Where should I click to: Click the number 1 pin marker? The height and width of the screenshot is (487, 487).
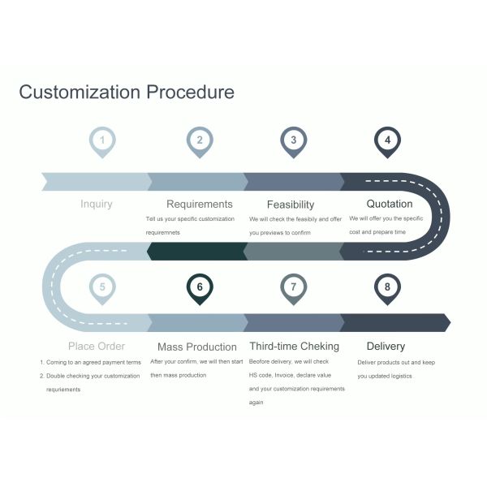point(102,140)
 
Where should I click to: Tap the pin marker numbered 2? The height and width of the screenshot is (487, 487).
point(199,140)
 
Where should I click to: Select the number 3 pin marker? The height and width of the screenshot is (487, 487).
point(293,140)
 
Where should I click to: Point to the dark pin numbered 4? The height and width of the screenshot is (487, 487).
point(388,140)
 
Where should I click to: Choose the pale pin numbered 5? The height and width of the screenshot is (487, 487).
point(102,287)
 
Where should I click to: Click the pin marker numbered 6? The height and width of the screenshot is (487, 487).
point(199,287)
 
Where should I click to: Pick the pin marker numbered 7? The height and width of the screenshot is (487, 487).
point(293,287)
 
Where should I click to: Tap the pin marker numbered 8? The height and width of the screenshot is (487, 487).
point(388,287)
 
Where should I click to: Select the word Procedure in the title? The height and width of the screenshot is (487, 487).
point(190,92)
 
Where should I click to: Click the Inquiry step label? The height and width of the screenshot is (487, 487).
point(97,204)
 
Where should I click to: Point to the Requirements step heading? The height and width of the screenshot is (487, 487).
point(200,204)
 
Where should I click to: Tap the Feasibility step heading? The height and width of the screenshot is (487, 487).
point(291,205)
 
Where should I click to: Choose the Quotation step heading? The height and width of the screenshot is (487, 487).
point(390,204)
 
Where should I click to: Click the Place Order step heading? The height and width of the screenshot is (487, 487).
point(97,347)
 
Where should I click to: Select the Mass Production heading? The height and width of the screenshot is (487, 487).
point(197,347)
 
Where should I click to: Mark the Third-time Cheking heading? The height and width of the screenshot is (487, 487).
point(294,347)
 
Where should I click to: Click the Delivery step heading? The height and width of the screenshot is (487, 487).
point(386,347)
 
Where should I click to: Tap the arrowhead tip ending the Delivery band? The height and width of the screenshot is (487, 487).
point(448,322)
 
